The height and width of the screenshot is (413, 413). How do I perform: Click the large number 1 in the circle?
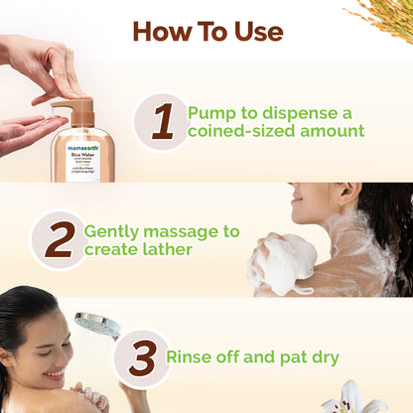(162, 122)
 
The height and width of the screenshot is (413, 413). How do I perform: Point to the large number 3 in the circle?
(141, 358)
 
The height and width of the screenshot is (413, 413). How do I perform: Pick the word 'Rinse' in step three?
(191, 356)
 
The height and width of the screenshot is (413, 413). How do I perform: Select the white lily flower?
(353, 399)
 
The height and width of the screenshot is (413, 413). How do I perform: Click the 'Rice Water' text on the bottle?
(82, 154)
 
